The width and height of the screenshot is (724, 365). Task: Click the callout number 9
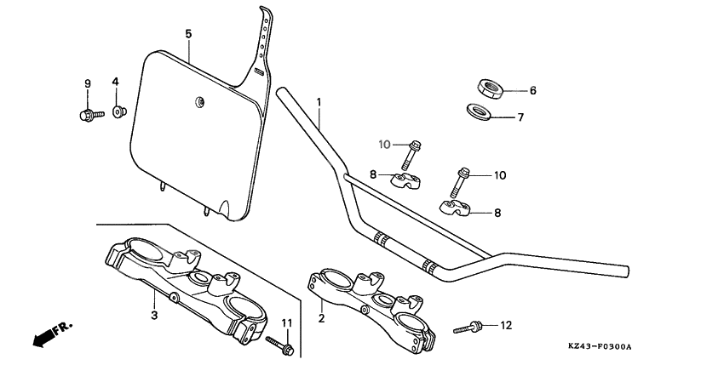(87, 83)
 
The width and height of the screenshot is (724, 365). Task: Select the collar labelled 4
(119, 111)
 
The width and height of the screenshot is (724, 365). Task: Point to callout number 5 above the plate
(188, 33)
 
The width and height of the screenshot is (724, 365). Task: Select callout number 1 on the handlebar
(319, 102)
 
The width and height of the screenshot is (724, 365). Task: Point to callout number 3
(154, 316)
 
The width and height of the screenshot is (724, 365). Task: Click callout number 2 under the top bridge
(320, 318)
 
